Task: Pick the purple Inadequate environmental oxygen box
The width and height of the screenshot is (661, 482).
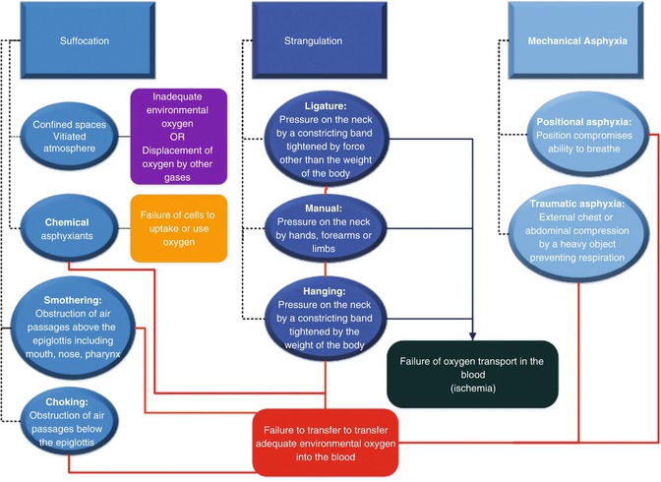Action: click(179, 136)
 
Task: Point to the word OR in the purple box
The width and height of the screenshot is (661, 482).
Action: click(179, 136)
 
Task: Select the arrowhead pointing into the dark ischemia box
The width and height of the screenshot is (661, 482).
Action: click(474, 336)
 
